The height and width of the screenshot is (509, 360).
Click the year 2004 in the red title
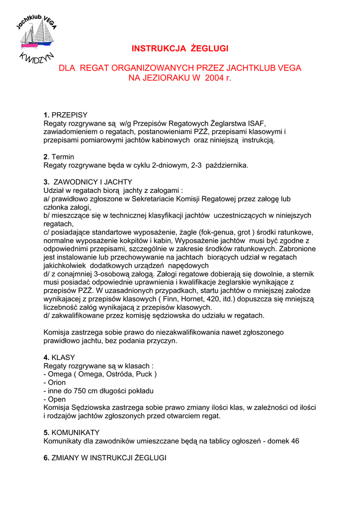(214, 78)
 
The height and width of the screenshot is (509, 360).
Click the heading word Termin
(63, 157)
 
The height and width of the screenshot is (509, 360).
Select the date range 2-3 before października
(197, 165)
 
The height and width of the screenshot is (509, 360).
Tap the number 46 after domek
(295, 441)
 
